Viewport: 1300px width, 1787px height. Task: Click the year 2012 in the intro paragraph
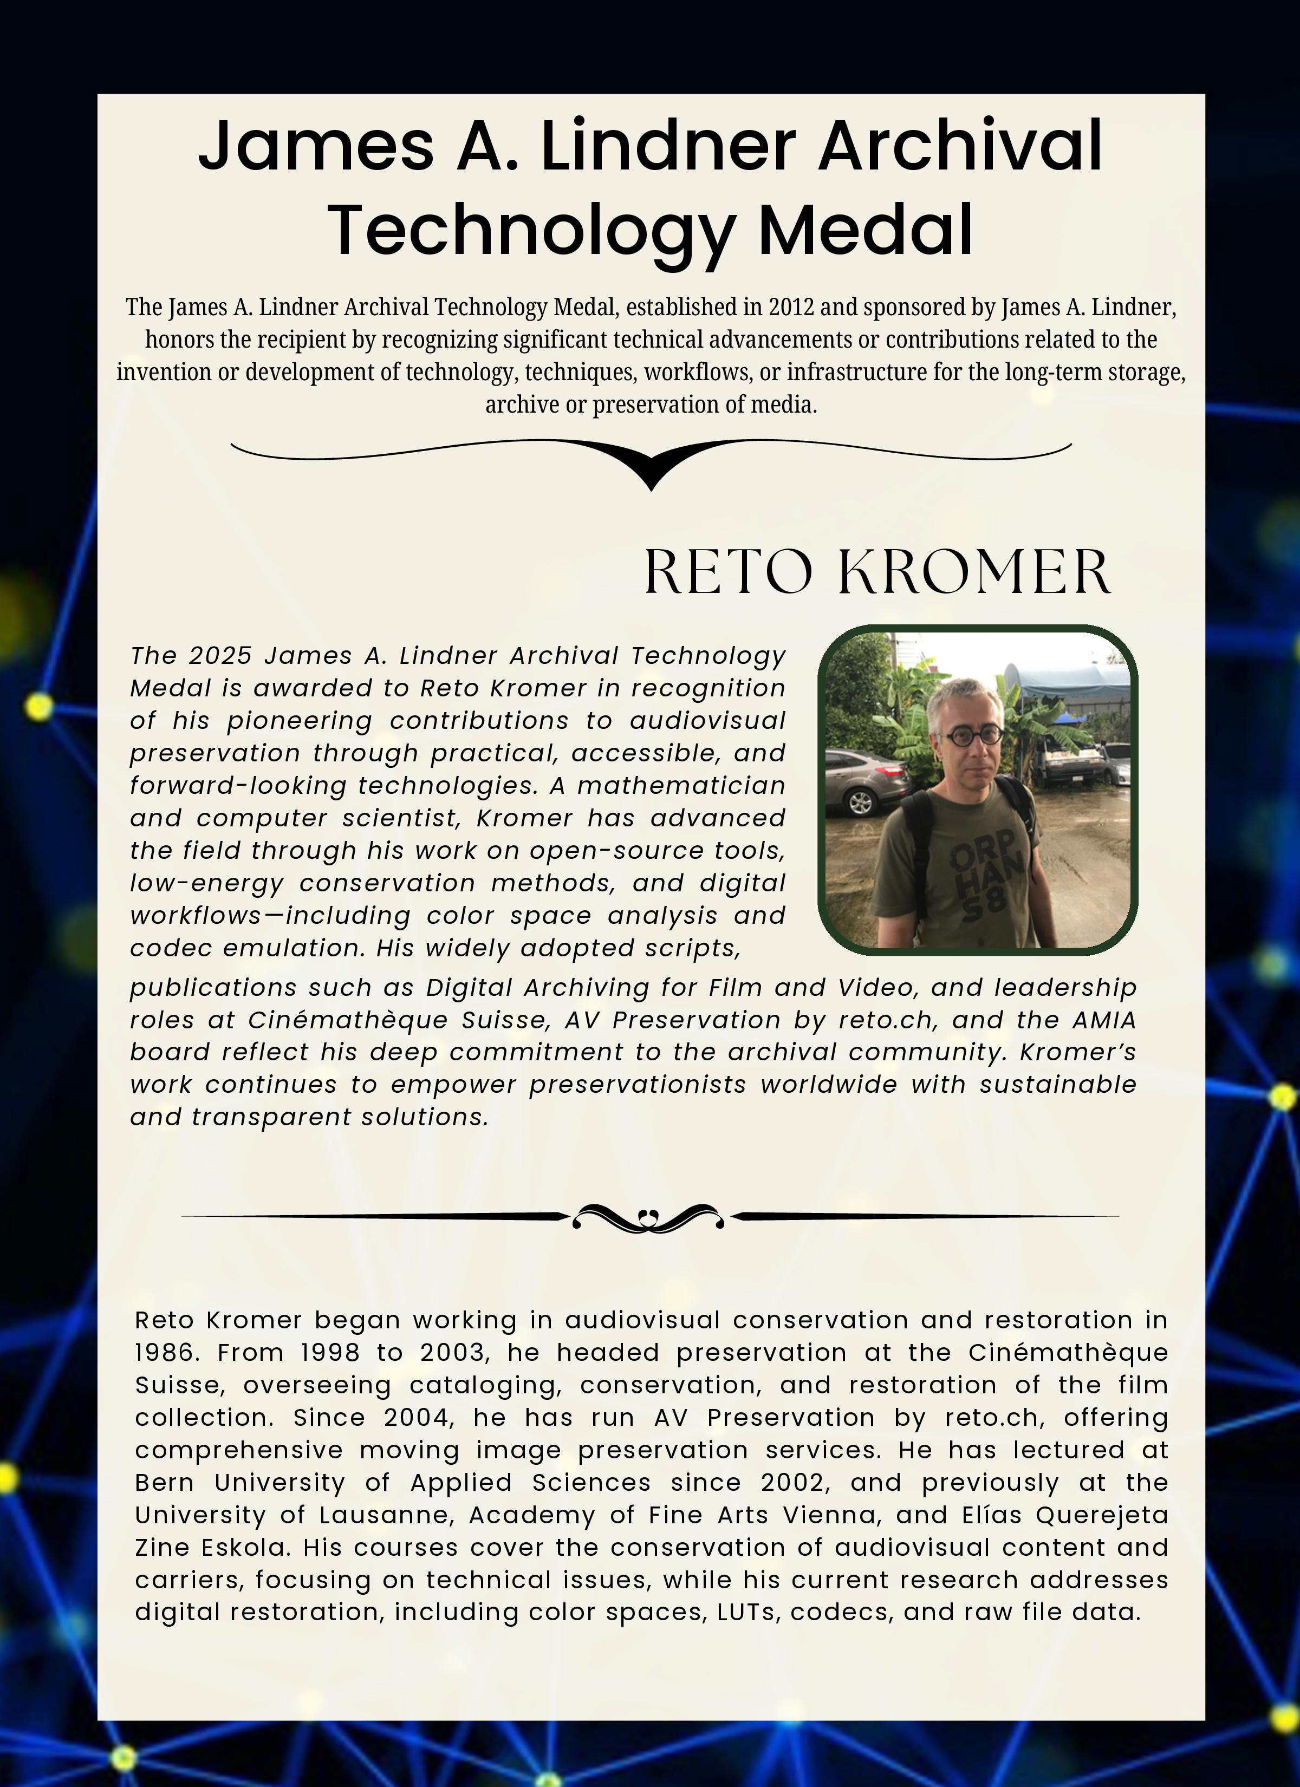click(790, 306)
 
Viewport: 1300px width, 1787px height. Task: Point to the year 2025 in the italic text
click(221, 656)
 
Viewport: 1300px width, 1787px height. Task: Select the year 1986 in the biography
click(164, 1353)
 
